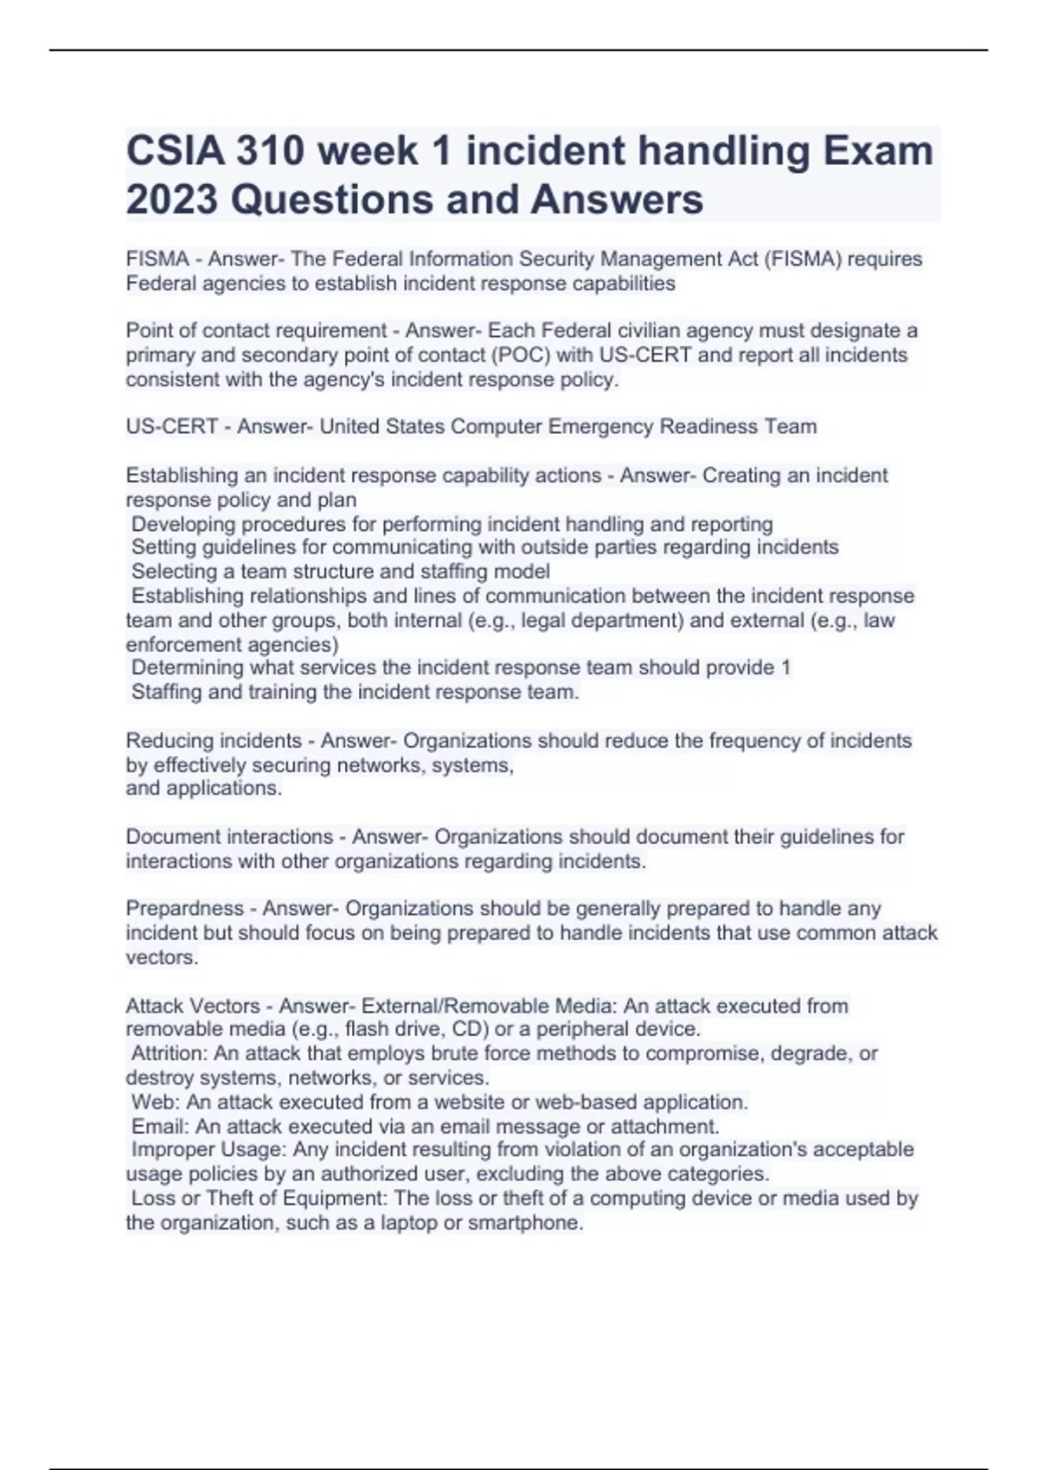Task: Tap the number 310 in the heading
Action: coord(272,151)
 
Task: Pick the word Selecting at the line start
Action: coord(170,572)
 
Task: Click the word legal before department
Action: coord(548,620)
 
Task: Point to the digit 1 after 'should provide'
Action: coord(785,668)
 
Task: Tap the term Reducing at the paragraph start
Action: coord(170,741)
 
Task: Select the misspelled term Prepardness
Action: coord(184,909)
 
